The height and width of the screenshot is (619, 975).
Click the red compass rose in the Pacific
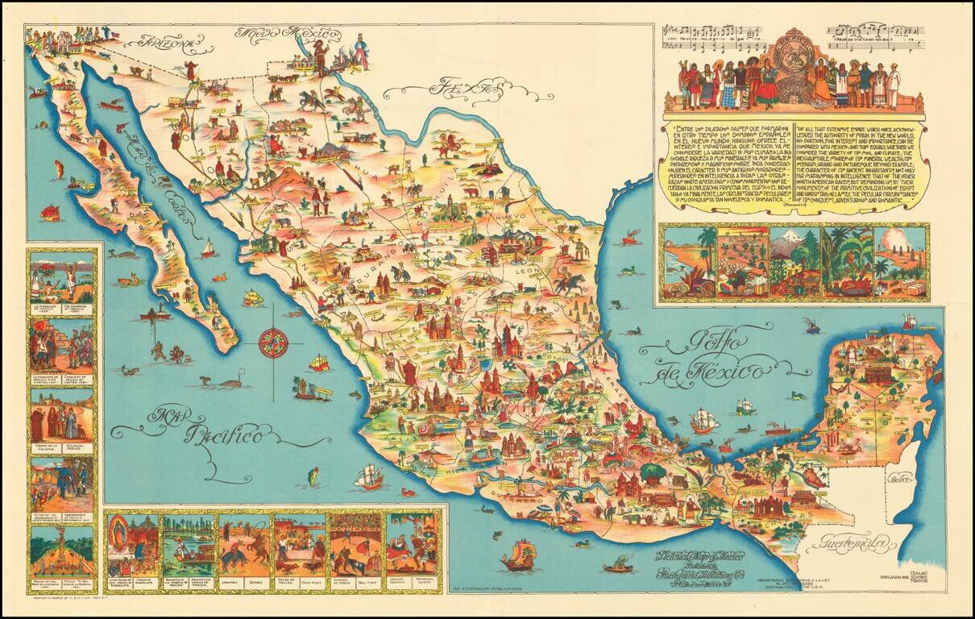click(x=273, y=343)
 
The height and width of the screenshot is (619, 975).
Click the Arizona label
click(x=166, y=41)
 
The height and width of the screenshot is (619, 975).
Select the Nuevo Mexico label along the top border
click(x=288, y=35)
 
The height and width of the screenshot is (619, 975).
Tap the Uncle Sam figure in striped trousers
click(x=359, y=52)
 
